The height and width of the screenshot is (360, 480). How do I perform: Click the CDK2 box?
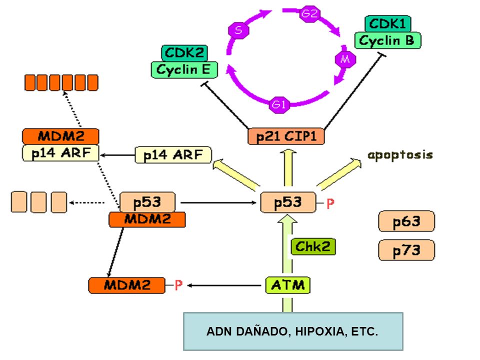coord(184,53)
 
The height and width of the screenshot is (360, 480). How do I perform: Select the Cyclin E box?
coord(184,70)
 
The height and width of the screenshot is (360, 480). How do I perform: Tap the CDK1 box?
coord(388,23)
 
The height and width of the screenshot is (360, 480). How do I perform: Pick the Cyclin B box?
coord(388,40)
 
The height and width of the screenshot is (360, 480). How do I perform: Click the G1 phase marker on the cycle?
coord(279,104)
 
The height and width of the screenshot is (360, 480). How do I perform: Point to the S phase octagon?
coord(238,30)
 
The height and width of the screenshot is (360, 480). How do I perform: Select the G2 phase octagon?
coord(310,13)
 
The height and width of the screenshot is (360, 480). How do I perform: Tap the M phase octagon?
coord(345,59)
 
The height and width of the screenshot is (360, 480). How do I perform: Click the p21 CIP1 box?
coord(286,136)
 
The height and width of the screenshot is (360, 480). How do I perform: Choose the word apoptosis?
coord(400,155)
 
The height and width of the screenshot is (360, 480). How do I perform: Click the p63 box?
coord(406,221)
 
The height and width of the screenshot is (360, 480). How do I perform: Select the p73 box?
coord(406,250)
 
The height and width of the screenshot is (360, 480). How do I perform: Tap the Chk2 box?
coord(313,246)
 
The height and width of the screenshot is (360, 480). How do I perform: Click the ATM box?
coord(288,285)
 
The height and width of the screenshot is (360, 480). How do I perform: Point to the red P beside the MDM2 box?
coord(178,285)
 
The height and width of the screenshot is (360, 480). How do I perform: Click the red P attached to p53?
coord(330,203)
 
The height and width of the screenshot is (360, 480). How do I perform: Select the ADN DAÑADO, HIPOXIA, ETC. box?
coord(293,331)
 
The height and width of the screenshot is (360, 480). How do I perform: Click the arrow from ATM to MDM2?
coord(224,285)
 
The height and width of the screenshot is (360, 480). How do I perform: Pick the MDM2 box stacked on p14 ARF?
coord(60,136)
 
